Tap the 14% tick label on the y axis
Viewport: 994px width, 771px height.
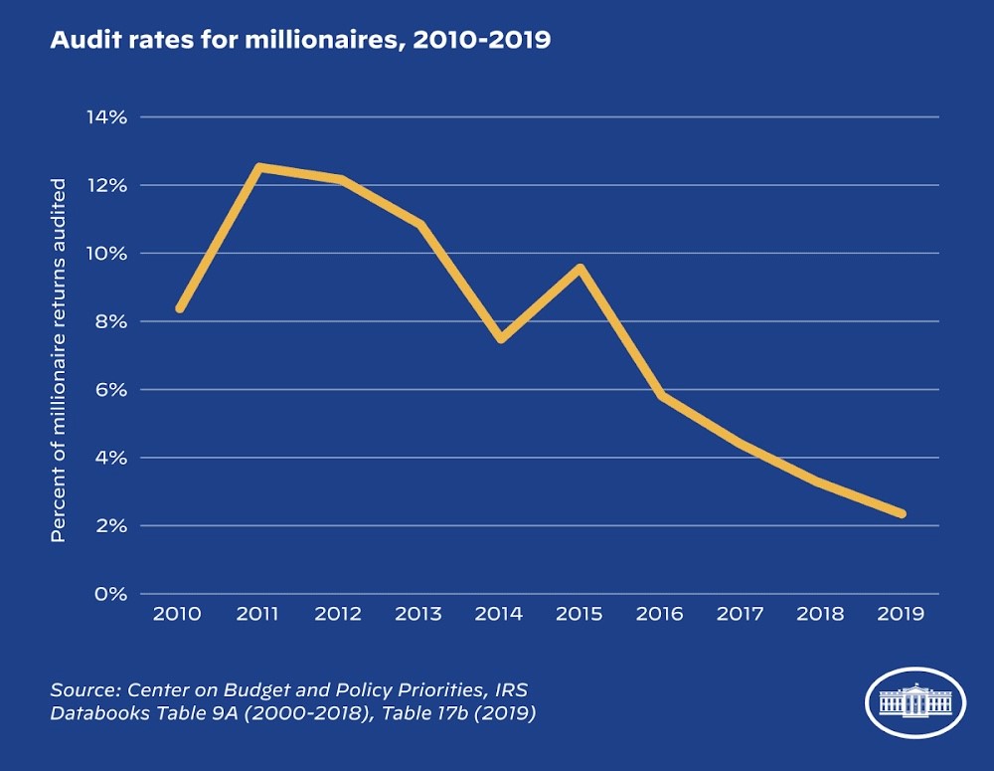pos(104,117)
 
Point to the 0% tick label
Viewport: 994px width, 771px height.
pos(108,594)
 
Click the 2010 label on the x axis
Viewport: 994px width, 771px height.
pos(177,614)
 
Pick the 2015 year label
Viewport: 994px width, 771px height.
pos(579,614)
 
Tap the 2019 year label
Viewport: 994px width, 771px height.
pos(901,614)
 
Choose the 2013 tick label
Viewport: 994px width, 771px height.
pos(417,614)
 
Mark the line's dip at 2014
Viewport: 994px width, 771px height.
pos(500,338)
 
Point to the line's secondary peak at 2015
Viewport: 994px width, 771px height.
pos(580,268)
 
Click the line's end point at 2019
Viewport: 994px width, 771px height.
pos(902,513)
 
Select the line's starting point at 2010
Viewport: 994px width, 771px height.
pos(180,308)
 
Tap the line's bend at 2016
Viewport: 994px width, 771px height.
pos(661,395)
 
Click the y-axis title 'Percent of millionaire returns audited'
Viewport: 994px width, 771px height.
pos(59,360)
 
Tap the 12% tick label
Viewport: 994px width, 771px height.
pos(105,185)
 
